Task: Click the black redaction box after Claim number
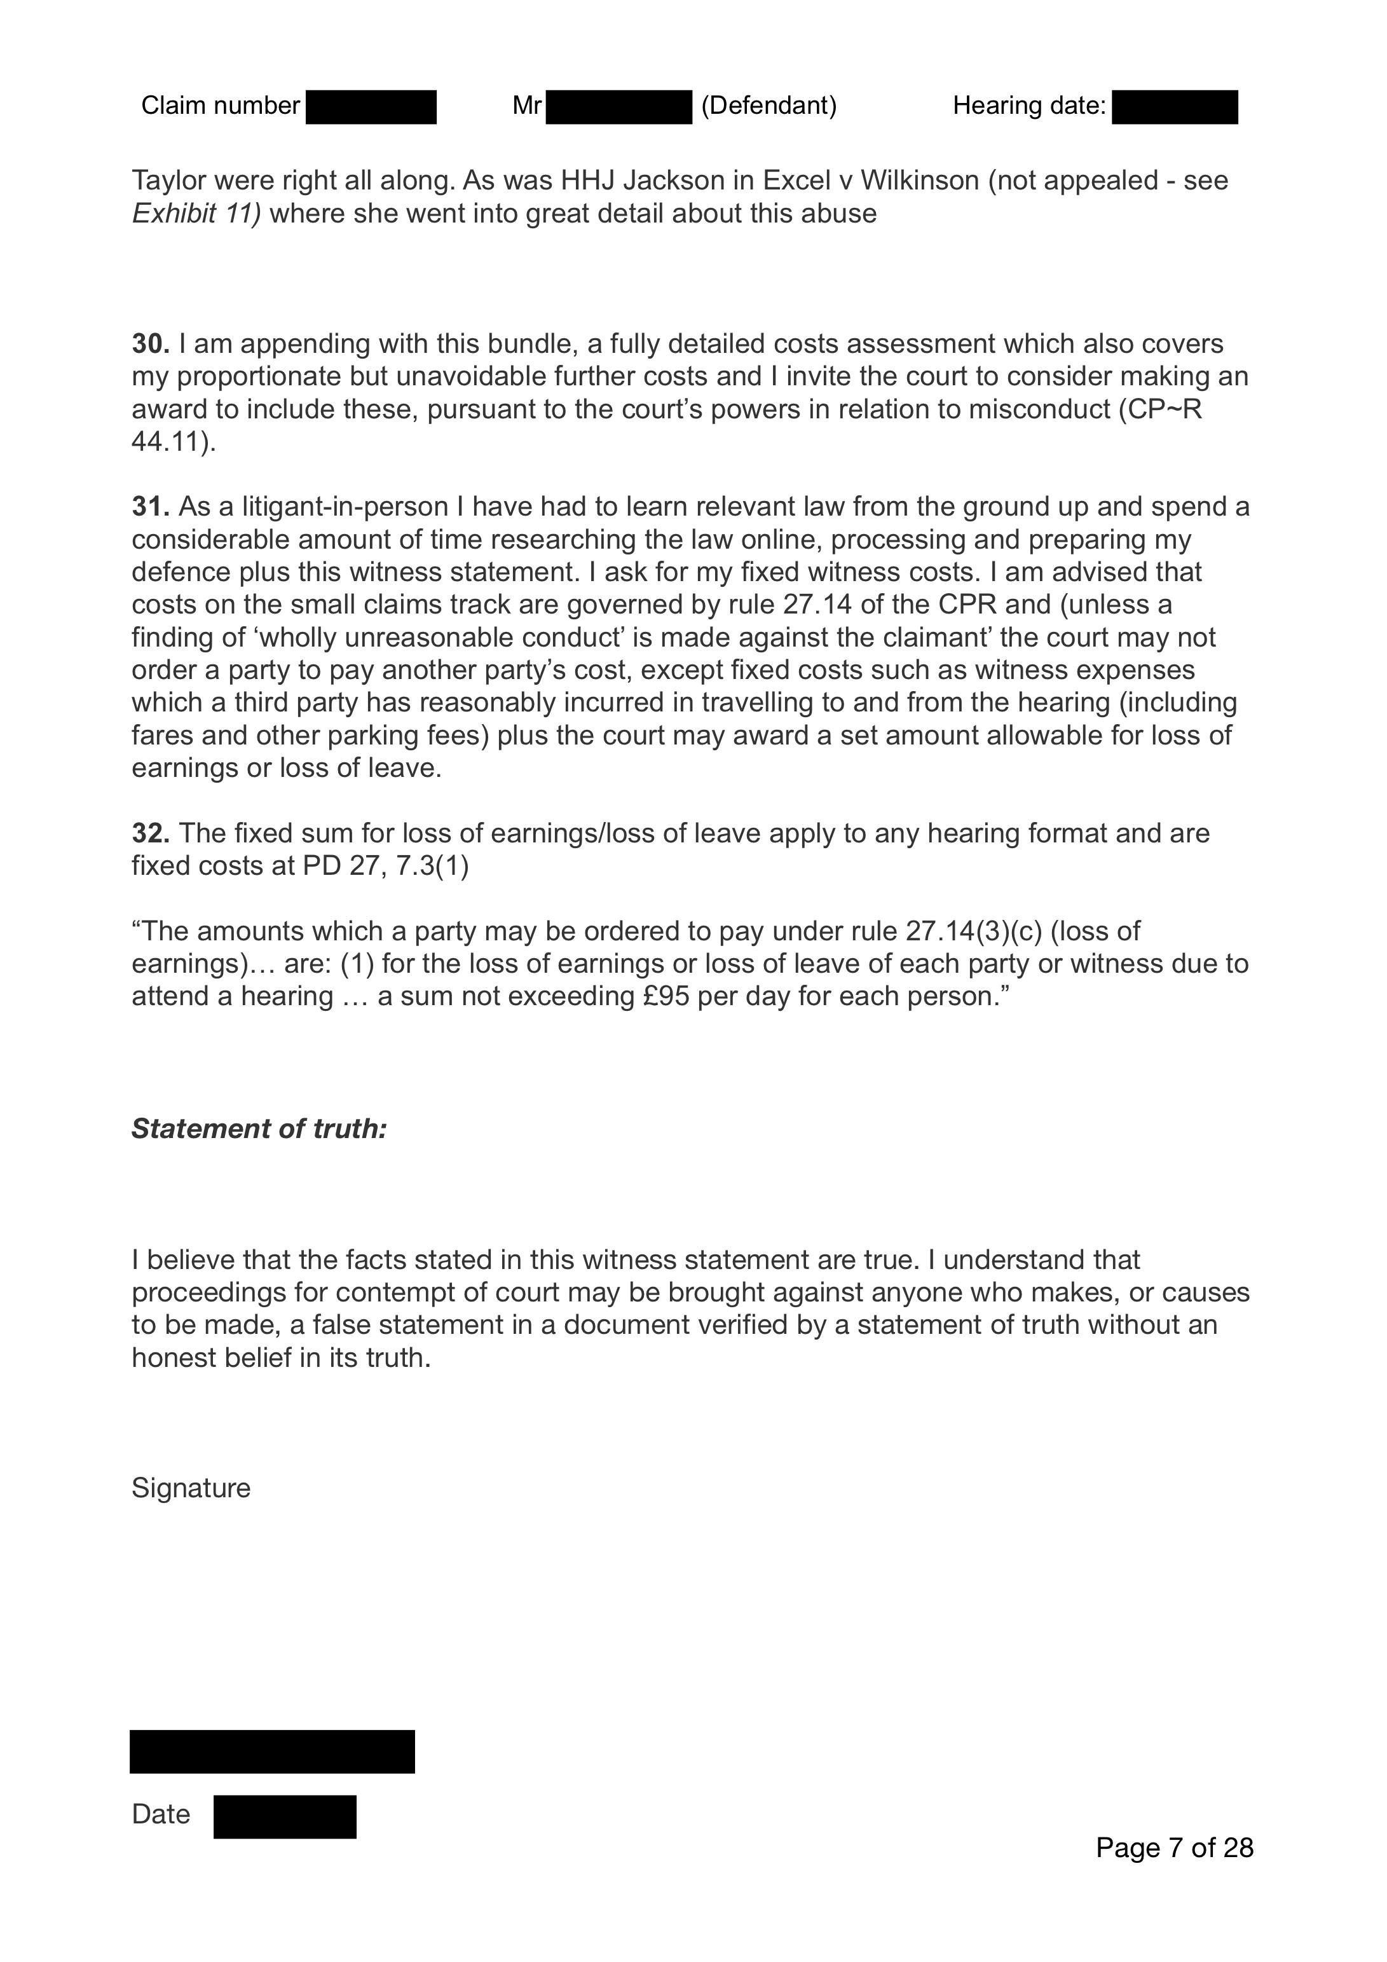coord(371,107)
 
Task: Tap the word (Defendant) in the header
coord(769,106)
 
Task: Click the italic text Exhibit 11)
coord(196,214)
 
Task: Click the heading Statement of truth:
coord(259,1129)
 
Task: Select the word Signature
coord(191,1488)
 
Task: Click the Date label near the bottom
coord(161,1813)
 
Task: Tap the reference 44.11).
coord(174,442)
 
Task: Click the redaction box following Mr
coord(618,107)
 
